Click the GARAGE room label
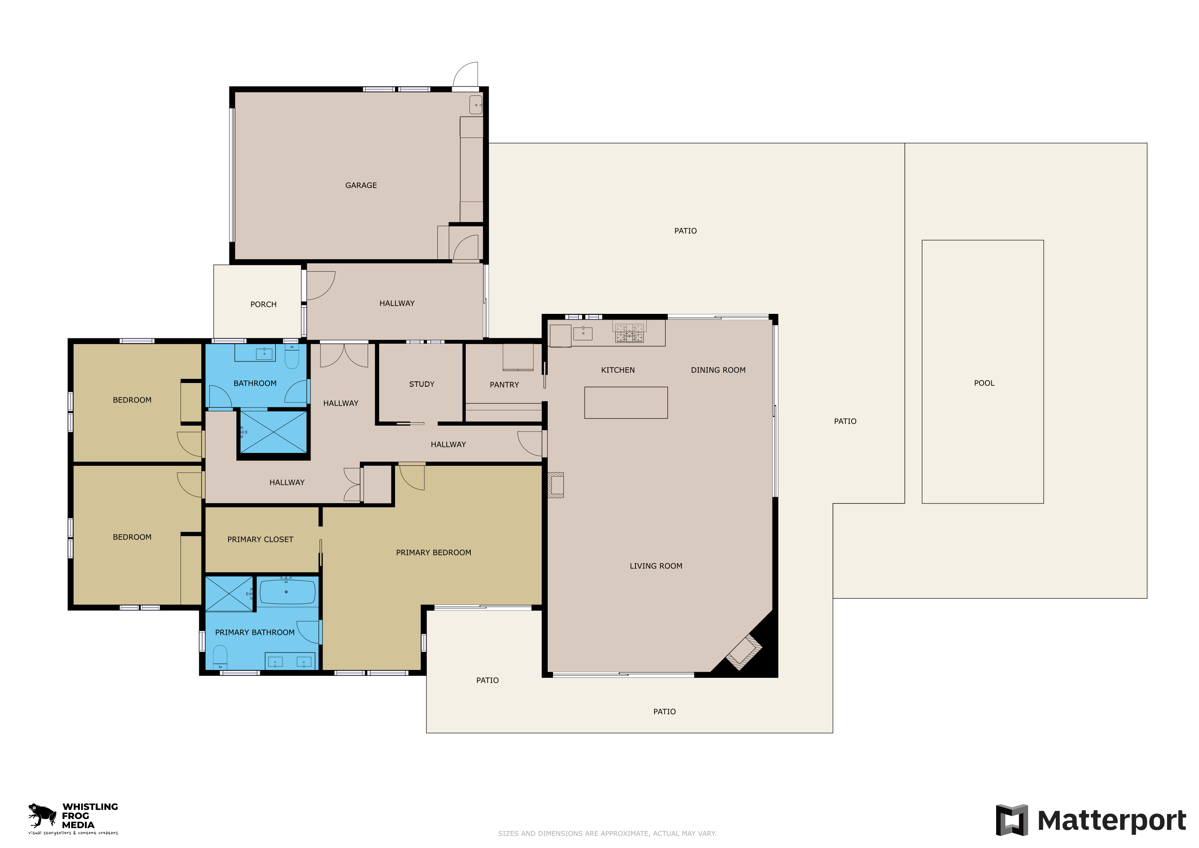pos(361,185)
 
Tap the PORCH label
pos(263,304)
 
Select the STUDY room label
pos(421,384)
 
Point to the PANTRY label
pos(504,385)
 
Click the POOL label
pos(984,383)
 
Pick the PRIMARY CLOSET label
pos(260,540)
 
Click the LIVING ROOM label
pos(656,566)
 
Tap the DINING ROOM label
pos(718,370)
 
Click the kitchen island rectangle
pos(626,402)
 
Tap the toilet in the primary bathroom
pos(220,658)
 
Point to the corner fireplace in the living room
pos(744,652)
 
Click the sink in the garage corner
pos(475,105)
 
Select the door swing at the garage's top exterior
pos(465,74)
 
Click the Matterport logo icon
pos(1011,820)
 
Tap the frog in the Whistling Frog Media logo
pos(42,814)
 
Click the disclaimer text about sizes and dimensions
pos(607,834)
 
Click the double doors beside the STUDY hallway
pos(344,356)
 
